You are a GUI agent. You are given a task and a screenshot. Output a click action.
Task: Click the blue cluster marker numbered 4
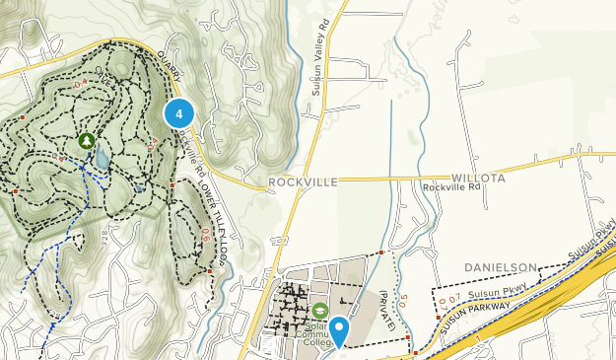coord(178,114)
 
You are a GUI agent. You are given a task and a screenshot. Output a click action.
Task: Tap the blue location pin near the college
coord(339,329)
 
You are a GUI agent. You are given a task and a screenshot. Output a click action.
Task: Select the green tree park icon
coord(87,141)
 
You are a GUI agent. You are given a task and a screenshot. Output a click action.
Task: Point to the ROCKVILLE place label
coord(303,182)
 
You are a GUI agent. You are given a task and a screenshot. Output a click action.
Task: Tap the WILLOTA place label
coord(478,179)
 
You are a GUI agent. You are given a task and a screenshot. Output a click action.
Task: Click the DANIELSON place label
coord(501,267)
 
